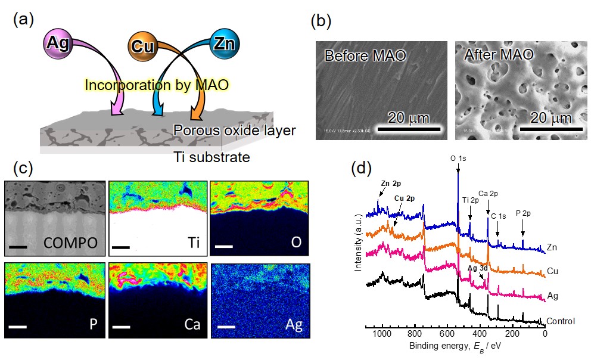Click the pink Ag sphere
coord(60,44)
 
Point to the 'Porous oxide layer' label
coord(234,130)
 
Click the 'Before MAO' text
coord(365,57)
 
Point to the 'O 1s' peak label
coord(458,159)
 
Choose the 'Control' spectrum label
coord(561,321)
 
